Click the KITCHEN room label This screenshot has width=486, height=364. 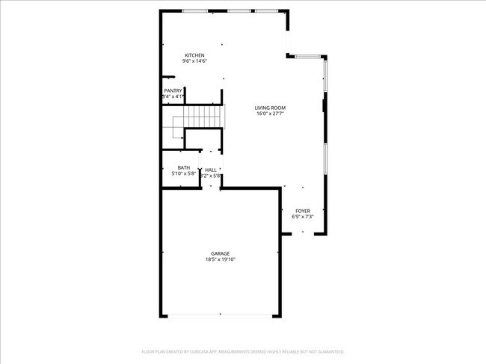tap(195, 55)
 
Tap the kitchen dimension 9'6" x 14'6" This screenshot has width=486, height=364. tap(195, 61)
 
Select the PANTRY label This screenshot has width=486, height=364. tap(173, 91)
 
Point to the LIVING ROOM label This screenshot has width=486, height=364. tap(270, 108)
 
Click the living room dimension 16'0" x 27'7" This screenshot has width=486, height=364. tap(271, 114)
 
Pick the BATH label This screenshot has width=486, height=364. tap(183, 167)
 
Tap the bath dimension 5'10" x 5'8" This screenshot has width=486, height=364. tap(183, 173)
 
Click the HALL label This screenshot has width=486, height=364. tap(211, 170)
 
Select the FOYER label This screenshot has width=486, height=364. tap(301, 212)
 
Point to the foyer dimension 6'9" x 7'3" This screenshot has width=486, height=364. tap(301, 218)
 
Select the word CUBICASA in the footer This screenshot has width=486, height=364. tap(197, 351)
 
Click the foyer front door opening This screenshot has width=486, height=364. tap(303, 234)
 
